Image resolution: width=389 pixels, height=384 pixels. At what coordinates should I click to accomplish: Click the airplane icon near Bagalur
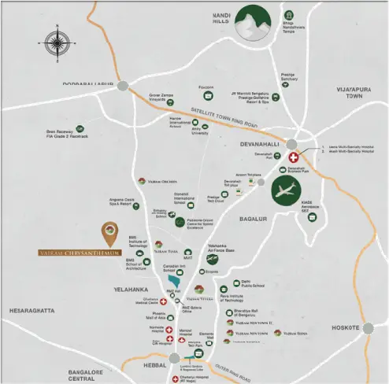click(286, 191)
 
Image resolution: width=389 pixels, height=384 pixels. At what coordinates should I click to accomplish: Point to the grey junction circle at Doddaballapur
click(123, 86)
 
